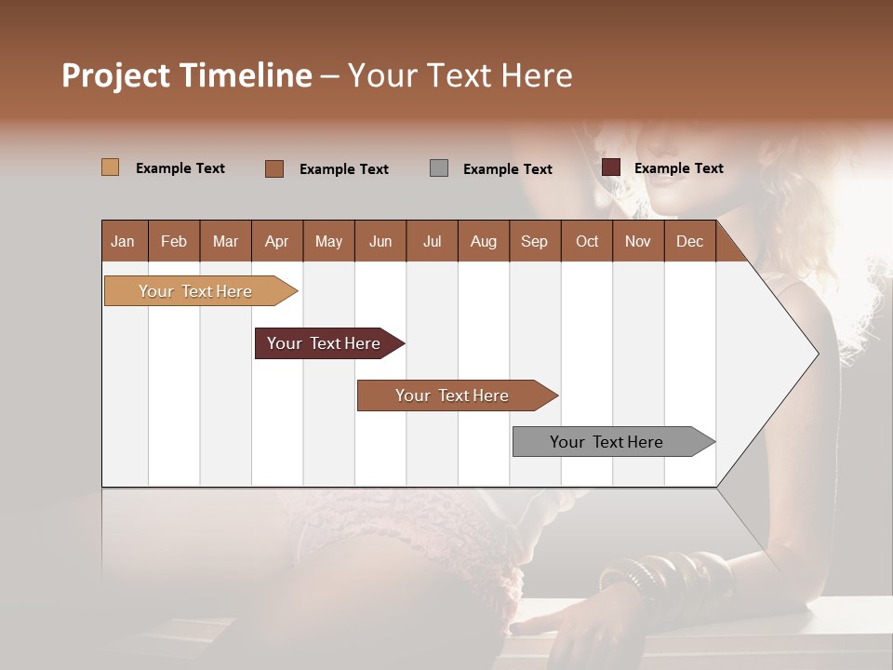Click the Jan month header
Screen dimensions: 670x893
124,241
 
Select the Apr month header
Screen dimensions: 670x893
277,241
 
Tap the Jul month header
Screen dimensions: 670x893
432,241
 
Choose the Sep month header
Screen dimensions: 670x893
534,241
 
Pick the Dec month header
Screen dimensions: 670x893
689,241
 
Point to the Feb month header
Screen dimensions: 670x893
174,241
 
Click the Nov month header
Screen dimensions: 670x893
638,241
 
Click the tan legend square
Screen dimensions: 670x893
110,167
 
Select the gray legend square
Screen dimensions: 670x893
439,167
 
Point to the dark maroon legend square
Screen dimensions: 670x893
610,167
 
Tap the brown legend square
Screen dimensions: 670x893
274,168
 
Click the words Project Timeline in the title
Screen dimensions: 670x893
187,75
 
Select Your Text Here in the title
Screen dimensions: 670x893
460,75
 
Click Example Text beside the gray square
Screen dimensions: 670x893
507,169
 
